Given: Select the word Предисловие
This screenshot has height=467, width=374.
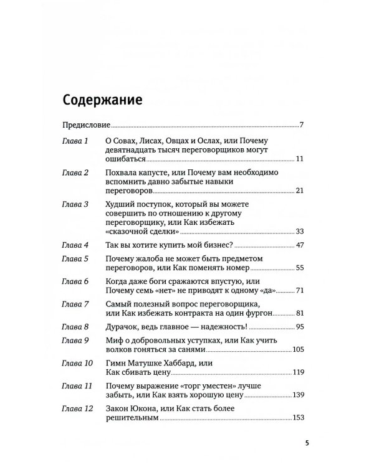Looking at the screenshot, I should pos(87,126).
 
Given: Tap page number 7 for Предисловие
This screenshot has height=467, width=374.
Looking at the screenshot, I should pos(301,126).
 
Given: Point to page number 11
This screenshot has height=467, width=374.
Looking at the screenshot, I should pos(299,160).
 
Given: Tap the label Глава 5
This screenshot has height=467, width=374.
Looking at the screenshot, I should pos(77,258).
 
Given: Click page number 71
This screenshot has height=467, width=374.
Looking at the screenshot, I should pos(298,291).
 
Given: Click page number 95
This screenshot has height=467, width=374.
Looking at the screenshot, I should pos(298,327).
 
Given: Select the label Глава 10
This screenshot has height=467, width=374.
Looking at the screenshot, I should pos(79,362).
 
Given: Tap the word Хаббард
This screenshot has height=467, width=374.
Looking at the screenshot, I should pos(170,362).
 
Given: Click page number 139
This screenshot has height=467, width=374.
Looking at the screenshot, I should pos(296,395).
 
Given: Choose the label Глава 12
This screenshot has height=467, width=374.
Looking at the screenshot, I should pos(79,408).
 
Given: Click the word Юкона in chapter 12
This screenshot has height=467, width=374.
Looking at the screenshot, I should pos(148,408).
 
